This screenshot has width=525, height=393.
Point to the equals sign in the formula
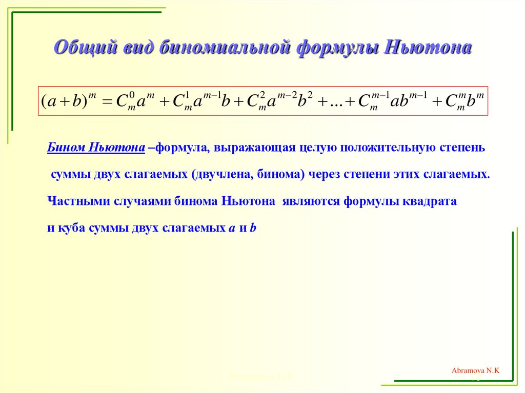click(106, 101)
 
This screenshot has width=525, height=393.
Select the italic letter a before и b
click(231, 229)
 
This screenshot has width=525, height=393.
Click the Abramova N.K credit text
click(475, 369)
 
